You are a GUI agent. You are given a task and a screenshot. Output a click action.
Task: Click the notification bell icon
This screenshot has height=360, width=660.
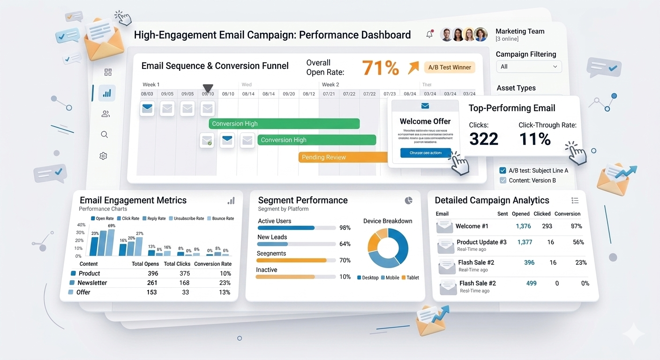(x=429, y=35)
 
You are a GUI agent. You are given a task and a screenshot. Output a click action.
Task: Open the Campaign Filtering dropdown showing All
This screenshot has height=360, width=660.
(x=529, y=67)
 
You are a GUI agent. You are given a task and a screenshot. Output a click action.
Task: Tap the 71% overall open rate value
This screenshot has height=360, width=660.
(x=380, y=68)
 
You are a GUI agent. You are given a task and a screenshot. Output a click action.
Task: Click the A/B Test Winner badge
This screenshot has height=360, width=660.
(x=449, y=67)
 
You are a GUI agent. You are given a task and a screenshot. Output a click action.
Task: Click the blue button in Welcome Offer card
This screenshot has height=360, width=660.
(x=425, y=153)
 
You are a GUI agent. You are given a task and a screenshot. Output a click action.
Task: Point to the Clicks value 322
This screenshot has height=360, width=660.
(x=483, y=139)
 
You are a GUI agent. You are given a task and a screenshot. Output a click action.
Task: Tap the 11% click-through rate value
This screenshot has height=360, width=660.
(x=535, y=139)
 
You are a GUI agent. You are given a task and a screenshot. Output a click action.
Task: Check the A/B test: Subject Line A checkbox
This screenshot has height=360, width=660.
(x=503, y=171)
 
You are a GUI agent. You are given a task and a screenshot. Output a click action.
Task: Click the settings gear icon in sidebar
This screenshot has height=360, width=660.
(x=104, y=156)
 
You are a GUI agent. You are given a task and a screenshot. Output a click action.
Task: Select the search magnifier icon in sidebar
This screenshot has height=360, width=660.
(x=105, y=135)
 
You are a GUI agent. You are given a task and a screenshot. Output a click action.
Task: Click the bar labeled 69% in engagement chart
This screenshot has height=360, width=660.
(x=111, y=242)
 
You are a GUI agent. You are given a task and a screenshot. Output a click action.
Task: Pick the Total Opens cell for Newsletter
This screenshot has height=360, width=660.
(x=152, y=283)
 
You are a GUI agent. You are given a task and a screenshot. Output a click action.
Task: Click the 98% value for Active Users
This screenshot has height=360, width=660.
(x=345, y=228)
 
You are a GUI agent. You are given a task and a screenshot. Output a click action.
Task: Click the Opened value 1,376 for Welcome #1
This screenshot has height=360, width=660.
(x=523, y=226)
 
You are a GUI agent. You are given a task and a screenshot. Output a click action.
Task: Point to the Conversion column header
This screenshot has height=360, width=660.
(x=567, y=214)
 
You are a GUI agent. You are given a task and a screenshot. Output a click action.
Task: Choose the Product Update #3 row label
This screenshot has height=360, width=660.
(x=481, y=242)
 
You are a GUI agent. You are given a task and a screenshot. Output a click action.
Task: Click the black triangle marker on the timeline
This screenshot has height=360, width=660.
(x=208, y=89)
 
